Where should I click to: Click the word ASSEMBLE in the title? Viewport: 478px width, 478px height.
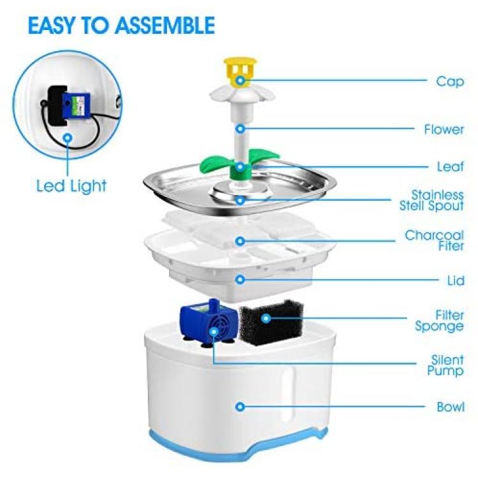(165, 25)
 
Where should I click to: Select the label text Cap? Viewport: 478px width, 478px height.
(450, 82)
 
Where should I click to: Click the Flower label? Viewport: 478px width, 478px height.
(444, 129)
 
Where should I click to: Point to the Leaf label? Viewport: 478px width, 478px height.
(450, 167)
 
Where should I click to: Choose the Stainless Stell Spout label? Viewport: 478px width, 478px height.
(431, 200)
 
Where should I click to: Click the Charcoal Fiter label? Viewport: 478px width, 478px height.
(434, 240)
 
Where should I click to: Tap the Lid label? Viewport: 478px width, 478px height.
(456, 280)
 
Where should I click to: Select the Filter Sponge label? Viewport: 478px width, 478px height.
(439, 321)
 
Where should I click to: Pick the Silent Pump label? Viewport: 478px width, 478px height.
(445, 365)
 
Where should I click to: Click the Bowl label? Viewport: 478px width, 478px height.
(450, 407)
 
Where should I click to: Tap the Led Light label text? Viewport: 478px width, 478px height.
(71, 186)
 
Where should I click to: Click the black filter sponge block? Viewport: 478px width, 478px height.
(272, 322)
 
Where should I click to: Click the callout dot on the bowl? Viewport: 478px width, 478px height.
(240, 407)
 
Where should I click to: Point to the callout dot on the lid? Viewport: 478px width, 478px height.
(240, 280)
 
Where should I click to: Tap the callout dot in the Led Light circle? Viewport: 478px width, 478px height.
(68, 138)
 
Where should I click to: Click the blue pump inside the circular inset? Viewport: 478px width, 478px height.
(76, 105)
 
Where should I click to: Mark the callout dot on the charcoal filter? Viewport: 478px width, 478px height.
(240, 241)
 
